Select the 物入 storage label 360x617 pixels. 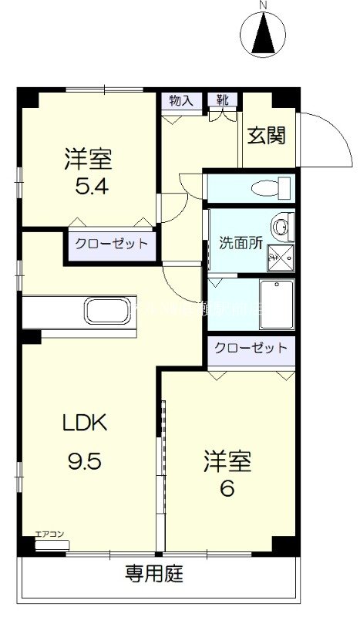pos(180,100)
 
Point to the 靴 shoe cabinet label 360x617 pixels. pos(222,100)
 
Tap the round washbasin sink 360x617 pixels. pos(284,225)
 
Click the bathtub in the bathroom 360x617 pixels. pos(277,305)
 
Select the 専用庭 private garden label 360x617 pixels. pos(155,575)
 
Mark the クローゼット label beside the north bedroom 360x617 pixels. pos(111,244)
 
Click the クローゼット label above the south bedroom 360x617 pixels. pos(251,348)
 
